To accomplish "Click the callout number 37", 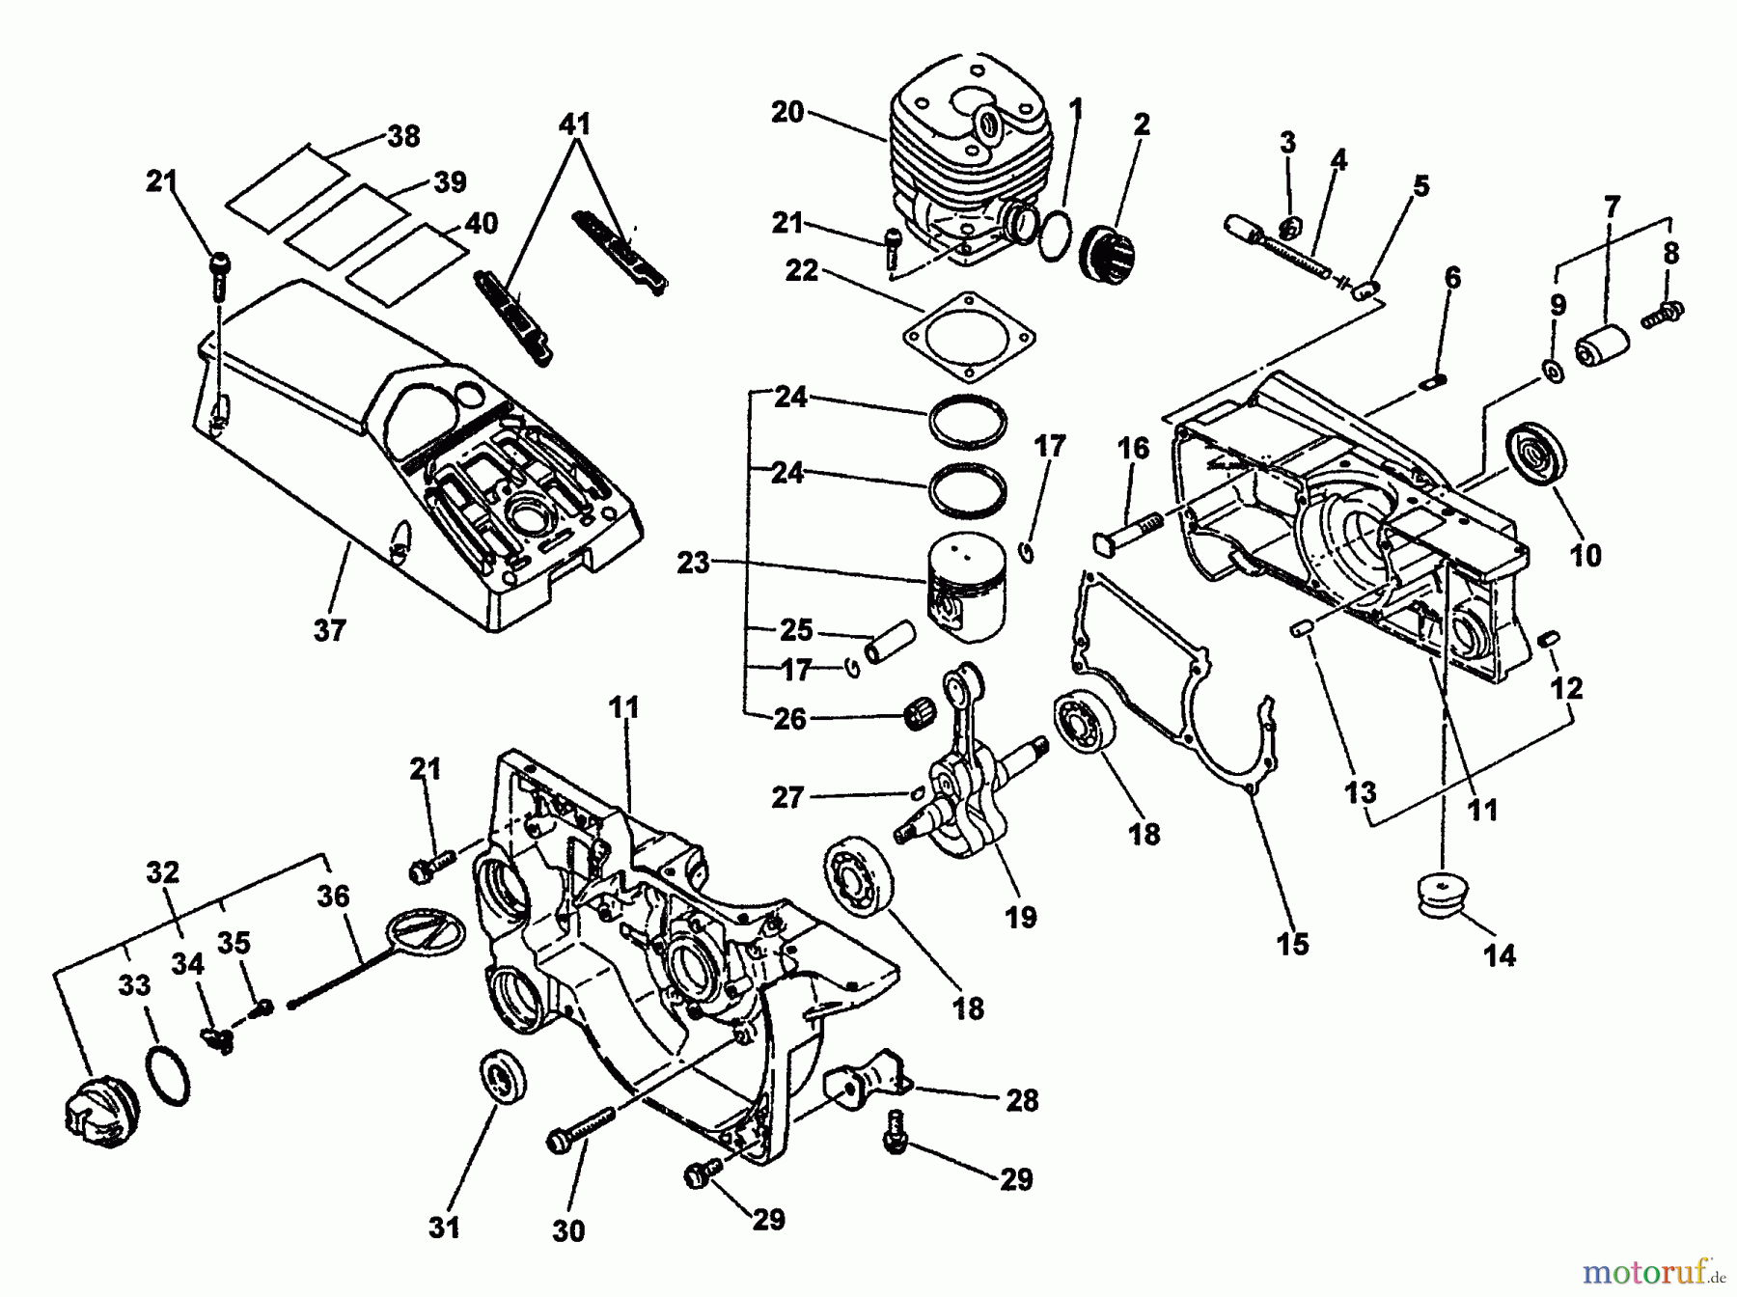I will click(x=329, y=630).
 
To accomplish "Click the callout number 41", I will click(x=575, y=124).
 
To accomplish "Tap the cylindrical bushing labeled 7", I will click(x=1602, y=345).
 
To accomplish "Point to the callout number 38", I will click(x=404, y=136).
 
